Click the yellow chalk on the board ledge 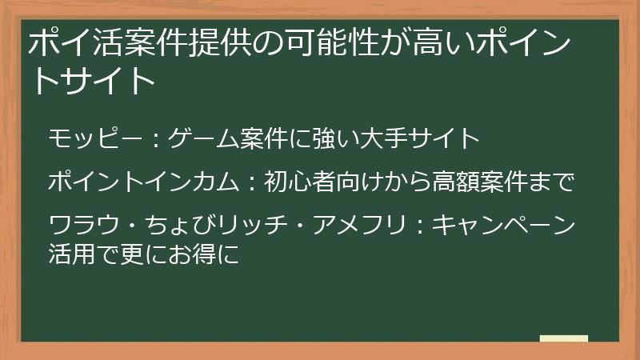(564, 338)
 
